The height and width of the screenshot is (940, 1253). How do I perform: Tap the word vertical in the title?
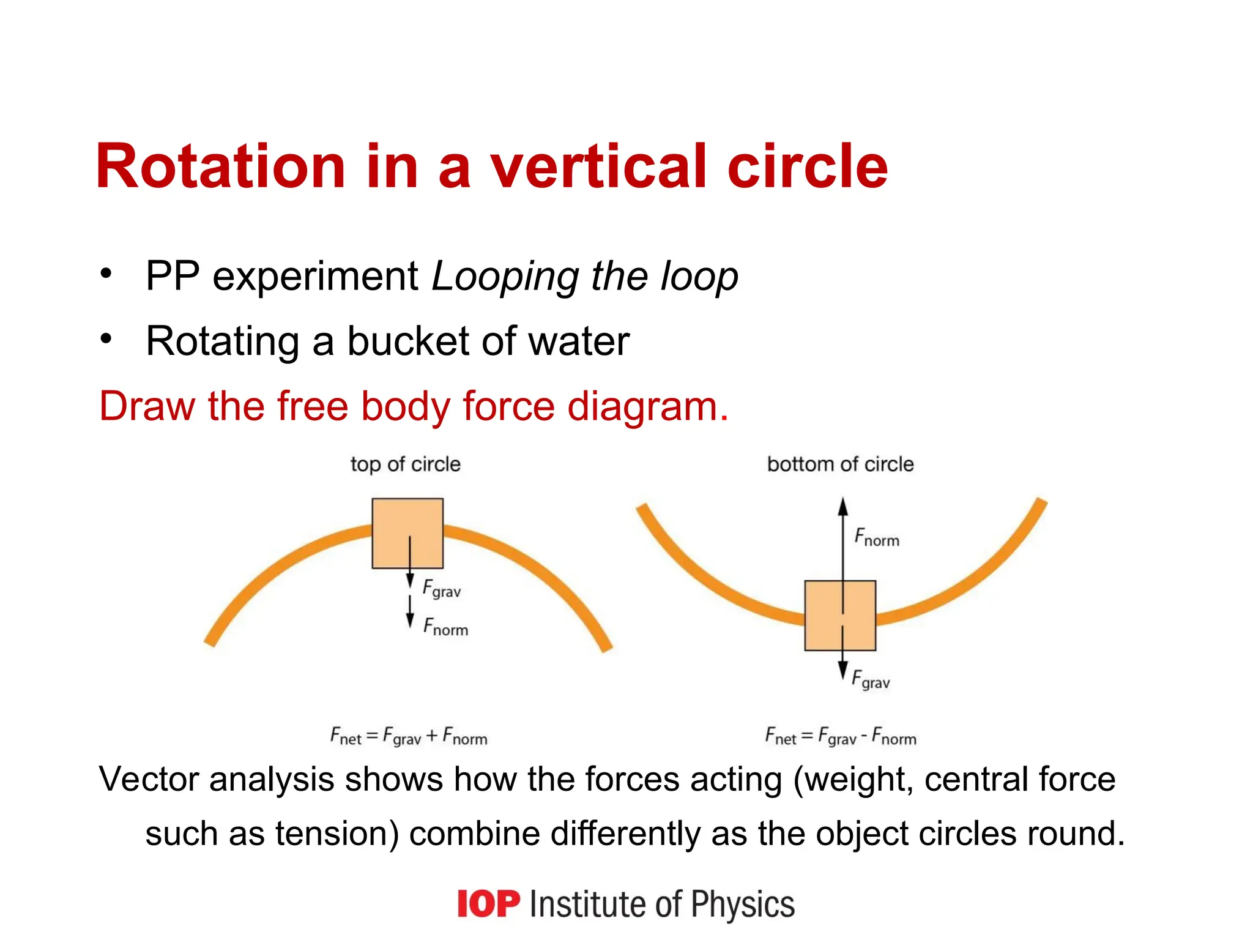pyautogui.click(x=598, y=166)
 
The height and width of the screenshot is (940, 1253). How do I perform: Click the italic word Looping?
pyautogui.click(x=505, y=277)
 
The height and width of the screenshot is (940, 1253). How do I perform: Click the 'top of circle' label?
pyautogui.click(x=405, y=464)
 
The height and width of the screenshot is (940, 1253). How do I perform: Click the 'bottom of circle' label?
pyautogui.click(x=840, y=464)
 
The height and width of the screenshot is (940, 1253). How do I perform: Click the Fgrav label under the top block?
pyautogui.click(x=442, y=589)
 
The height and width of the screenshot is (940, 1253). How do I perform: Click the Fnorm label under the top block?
pyautogui.click(x=445, y=627)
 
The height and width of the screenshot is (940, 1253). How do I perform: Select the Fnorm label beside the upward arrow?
pyautogui.click(x=877, y=537)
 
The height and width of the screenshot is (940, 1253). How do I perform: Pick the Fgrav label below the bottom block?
pyautogui.click(x=871, y=680)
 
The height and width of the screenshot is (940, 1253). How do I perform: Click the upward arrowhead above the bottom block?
pyautogui.click(x=843, y=507)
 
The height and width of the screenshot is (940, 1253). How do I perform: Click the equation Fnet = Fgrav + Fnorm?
pyautogui.click(x=409, y=736)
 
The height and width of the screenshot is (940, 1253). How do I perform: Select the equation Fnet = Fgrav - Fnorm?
pyautogui.click(x=841, y=736)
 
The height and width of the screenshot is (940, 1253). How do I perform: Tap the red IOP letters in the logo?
pyautogui.click(x=488, y=904)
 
